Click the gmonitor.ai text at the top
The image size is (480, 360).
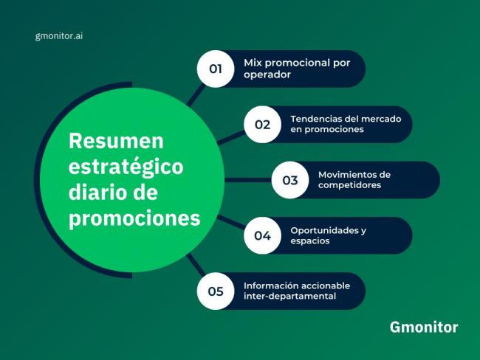[58, 35]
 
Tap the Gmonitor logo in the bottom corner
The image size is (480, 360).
[423, 327]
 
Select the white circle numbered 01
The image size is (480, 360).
[216, 69]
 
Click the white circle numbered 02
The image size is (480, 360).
[262, 124]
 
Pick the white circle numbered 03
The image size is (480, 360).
[289, 180]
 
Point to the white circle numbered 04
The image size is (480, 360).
[262, 235]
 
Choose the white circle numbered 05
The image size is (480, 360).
[216, 291]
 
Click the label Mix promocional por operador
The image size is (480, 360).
[296, 69]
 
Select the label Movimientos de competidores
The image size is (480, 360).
[354, 180]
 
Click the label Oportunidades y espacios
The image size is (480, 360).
[328, 235]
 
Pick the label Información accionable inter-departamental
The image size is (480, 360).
[297, 291]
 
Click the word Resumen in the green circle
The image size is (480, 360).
[116, 140]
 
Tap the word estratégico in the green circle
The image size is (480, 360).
[126, 167]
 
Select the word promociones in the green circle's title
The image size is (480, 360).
[134, 219]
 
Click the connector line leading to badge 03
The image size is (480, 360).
[247, 179]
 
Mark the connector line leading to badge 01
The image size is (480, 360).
[196, 93]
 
